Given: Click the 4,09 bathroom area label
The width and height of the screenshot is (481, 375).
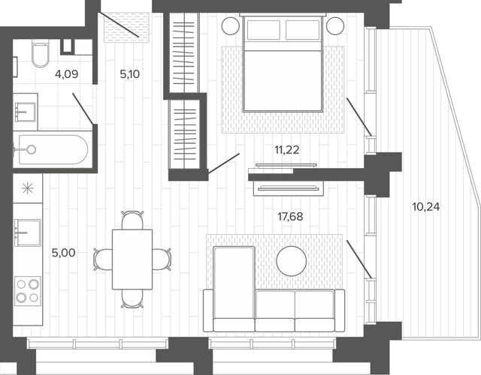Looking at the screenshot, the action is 67,74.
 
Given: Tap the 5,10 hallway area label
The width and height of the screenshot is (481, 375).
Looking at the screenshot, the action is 130,74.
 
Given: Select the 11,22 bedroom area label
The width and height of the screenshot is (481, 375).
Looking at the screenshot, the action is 287,150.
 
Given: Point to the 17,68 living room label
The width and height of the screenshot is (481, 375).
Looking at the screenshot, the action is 290,217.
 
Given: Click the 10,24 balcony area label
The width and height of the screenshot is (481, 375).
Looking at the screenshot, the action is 426,207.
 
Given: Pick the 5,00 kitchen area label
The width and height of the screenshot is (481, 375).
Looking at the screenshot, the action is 63,253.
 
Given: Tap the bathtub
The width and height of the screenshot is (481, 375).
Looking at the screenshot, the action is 53,150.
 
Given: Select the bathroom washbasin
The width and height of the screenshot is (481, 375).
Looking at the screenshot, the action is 26,112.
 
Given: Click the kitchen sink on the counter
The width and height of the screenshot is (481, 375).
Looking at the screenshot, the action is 28,232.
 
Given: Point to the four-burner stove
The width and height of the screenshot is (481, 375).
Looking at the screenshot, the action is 28,291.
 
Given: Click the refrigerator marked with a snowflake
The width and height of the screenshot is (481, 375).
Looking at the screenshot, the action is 28,188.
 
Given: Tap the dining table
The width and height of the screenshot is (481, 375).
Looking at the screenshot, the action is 132,259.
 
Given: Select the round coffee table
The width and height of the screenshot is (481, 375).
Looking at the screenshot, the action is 291,261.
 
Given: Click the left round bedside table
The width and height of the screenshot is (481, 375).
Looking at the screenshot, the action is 231,25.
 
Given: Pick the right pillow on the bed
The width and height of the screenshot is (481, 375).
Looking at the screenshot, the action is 303,30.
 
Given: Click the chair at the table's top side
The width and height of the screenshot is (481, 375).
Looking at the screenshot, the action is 132,220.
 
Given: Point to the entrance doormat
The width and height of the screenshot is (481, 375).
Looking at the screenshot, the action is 126,27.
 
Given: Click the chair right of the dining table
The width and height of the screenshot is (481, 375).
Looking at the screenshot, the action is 162,259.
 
